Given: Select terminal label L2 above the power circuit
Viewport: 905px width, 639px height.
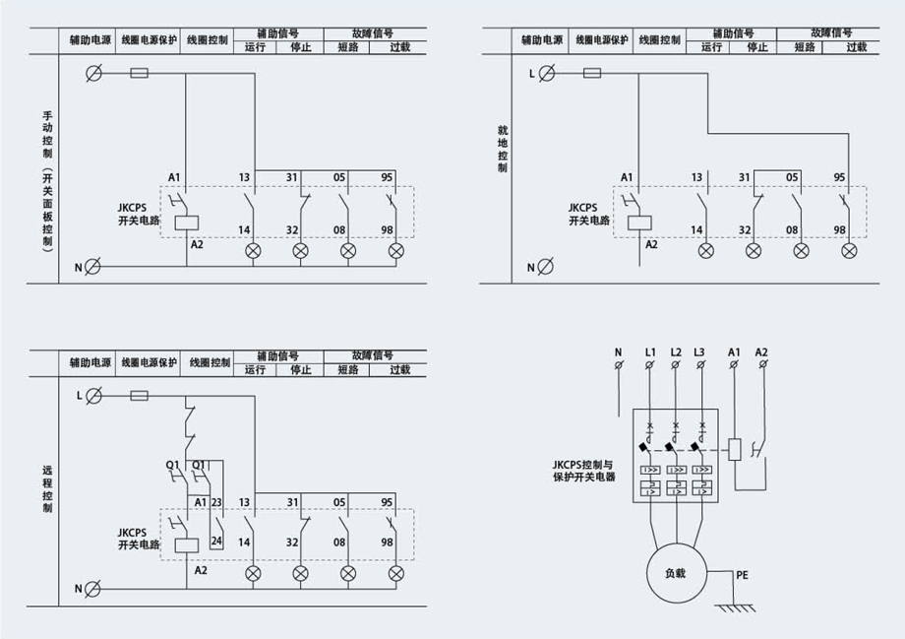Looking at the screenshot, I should [675, 351].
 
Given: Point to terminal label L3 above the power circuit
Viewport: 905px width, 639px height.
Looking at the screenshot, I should [699, 351].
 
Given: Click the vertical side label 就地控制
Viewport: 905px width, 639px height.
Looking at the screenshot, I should [503, 149].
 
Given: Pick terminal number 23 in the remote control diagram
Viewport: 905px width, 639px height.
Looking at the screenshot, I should [216, 502].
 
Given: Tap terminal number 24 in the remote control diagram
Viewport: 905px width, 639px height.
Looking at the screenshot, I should [216, 541].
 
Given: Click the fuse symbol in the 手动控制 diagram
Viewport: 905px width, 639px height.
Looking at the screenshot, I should [140, 72].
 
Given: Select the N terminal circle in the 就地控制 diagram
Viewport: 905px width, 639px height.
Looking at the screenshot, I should [548, 267].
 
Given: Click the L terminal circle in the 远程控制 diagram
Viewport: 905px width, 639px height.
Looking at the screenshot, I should [94, 395].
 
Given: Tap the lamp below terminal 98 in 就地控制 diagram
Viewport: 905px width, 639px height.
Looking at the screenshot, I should [850, 251].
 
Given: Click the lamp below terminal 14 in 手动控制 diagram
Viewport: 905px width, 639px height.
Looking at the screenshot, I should [254, 251].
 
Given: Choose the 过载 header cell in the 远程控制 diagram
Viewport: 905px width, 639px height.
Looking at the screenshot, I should [399, 370].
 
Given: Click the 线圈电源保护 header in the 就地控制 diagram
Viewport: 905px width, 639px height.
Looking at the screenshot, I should [600, 40].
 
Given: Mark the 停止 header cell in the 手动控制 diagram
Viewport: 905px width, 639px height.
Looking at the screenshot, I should [303, 46].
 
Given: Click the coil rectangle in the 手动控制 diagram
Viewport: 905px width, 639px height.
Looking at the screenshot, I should [188, 222].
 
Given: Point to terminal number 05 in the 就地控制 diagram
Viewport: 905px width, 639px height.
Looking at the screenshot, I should [792, 177].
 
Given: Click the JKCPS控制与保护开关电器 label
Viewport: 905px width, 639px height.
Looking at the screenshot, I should [583, 470].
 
